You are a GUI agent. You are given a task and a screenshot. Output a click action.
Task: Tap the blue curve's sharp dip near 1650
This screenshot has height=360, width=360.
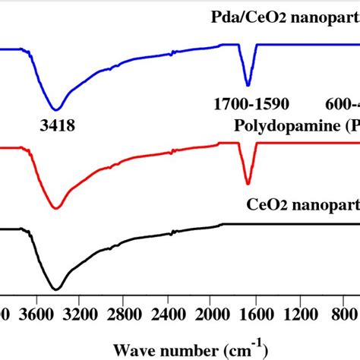pyautogui.click(x=248, y=84)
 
